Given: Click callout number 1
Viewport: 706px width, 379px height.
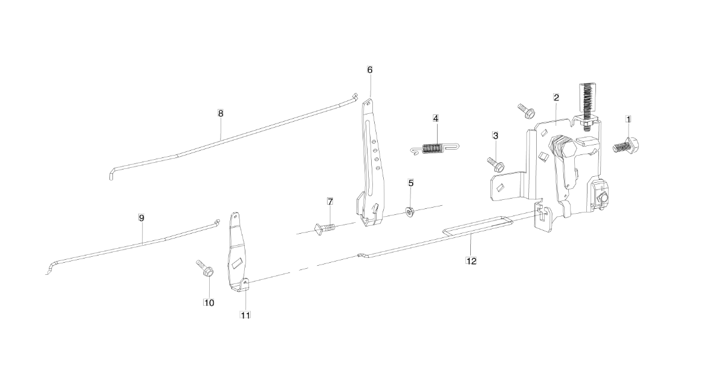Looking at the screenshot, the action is (628, 119).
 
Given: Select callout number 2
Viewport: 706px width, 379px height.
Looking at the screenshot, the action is (557, 97).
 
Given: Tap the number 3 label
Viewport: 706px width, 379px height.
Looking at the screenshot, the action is (495, 136).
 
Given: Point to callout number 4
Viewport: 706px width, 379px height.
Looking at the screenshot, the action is (435, 118).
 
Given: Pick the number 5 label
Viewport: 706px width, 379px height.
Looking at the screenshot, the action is (410, 183).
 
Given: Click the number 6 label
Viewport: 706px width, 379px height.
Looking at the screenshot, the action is (370, 70).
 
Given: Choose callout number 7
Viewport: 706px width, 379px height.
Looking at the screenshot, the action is (330, 201).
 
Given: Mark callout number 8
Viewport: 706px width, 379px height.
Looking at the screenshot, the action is (220, 113).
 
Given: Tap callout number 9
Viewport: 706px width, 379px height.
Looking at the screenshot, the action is (141, 218).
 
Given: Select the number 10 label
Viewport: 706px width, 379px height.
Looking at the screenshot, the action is (209, 303).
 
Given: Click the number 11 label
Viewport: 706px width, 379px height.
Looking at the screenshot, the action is (245, 315).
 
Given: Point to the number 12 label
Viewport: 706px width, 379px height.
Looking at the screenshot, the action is (471, 261).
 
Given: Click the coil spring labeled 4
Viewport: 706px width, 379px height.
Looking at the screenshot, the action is (435, 148).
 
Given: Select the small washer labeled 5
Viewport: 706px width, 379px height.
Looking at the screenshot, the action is (410, 211).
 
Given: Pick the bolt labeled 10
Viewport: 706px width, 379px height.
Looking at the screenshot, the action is (205, 268).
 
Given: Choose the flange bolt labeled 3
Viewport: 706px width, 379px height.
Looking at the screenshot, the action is (495, 164).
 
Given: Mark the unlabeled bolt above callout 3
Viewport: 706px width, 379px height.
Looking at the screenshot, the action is (526, 110).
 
